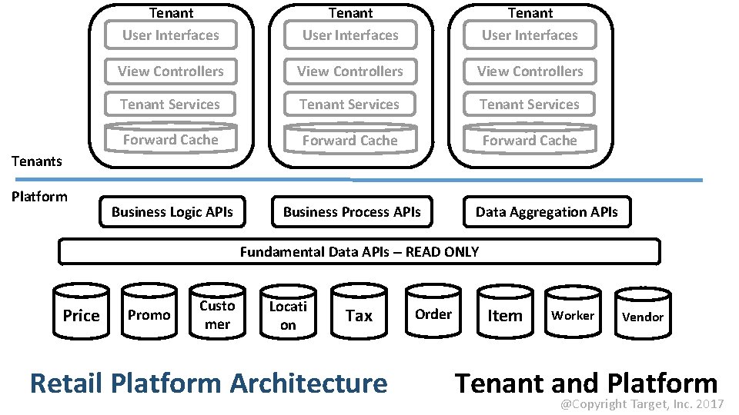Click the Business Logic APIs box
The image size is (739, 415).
click(x=172, y=212)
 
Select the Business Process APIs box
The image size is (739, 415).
click(x=352, y=212)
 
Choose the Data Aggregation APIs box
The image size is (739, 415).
click(x=547, y=212)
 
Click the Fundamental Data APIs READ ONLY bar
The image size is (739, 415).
click(x=359, y=251)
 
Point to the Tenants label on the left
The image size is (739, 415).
click(x=37, y=161)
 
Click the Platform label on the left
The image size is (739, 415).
click(x=39, y=196)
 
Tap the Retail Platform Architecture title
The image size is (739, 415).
click(x=208, y=383)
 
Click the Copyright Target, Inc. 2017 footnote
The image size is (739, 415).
click(x=641, y=404)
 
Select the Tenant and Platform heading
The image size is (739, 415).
click(x=586, y=382)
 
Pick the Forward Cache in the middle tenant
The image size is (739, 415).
click(x=350, y=141)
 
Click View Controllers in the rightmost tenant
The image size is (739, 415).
click(x=530, y=71)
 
